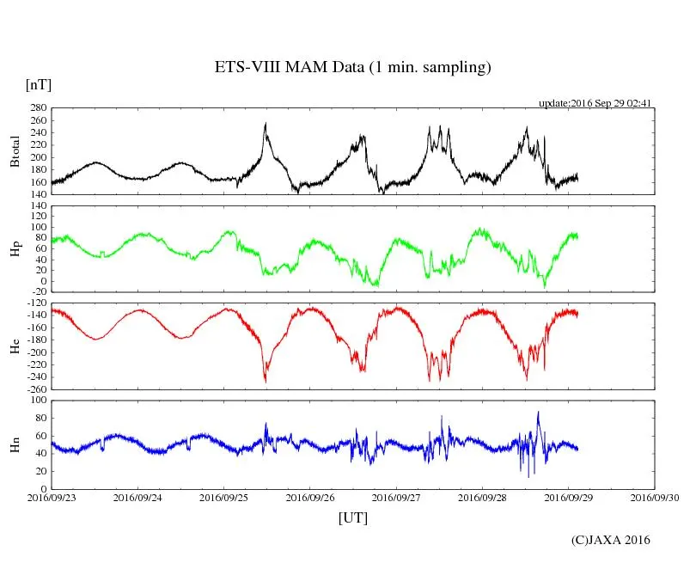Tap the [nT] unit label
[x=38, y=85]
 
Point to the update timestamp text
[x=595, y=102]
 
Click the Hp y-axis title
[x=15, y=249]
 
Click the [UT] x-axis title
[x=352, y=518]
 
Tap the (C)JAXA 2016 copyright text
[x=611, y=540]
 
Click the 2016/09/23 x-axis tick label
[x=52, y=498]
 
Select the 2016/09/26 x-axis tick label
[x=310, y=498]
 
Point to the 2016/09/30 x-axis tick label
[x=655, y=498]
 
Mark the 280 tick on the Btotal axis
[x=37, y=108]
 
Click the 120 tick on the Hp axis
[x=37, y=205]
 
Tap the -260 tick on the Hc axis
[x=35, y=389]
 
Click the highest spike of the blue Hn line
[x=538, y=412]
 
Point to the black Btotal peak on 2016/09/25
[x=266, y=124]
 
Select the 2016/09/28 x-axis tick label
[x=482, y=498]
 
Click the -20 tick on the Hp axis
[x=37, y=292]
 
